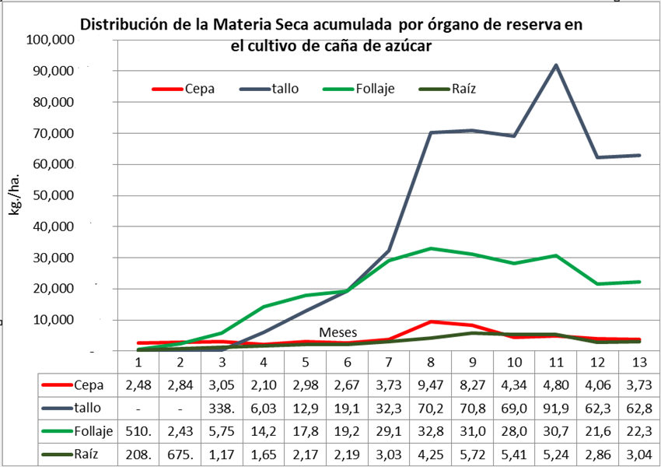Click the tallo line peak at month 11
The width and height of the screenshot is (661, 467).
[x=555, y=65]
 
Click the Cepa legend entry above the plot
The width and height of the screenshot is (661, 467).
[x=200, y=89]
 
